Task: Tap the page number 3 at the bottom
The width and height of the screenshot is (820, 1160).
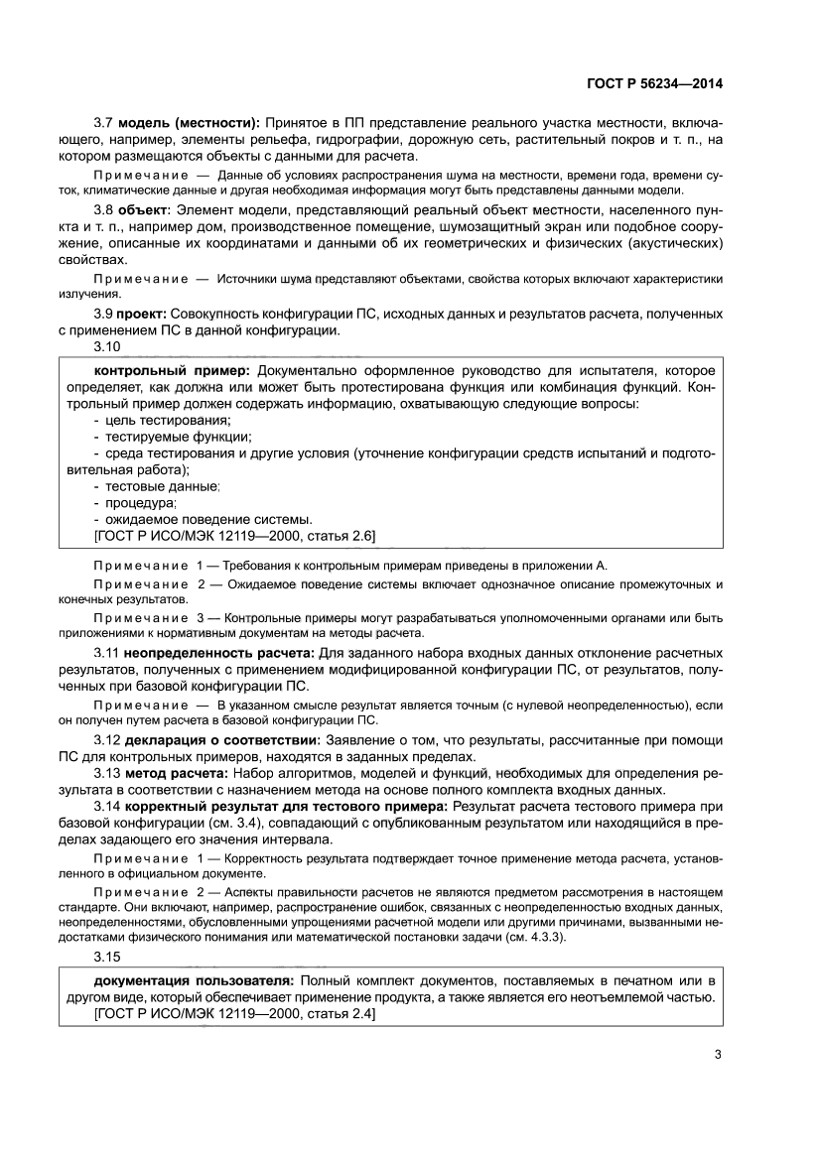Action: click(x=717, y=1055)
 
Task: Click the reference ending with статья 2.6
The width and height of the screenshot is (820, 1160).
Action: click(x=233, y=536)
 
